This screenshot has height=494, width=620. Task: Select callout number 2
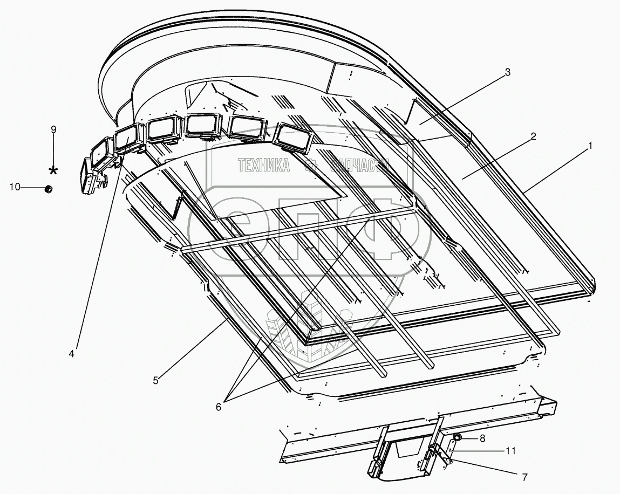coord(533,136)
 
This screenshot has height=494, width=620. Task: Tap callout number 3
coord(507,73)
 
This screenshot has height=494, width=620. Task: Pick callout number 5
coord(155,380)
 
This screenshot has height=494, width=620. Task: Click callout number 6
coord(219,407)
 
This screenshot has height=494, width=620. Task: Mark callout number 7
coord(524,477)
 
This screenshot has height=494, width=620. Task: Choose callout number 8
coord(482,438)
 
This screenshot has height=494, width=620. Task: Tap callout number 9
coord(53,129)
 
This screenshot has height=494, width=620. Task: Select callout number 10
coord(15,187)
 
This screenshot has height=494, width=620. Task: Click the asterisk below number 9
coord(53,170)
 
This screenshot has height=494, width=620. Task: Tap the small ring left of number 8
coord(457,438)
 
